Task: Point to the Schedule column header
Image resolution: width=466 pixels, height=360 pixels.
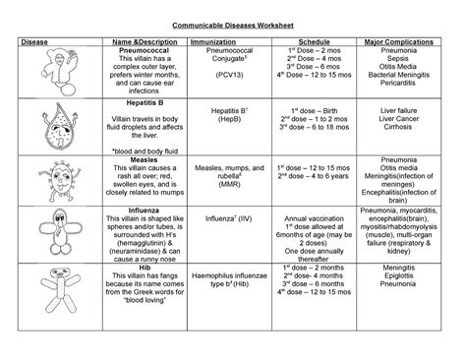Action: [309, 43]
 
